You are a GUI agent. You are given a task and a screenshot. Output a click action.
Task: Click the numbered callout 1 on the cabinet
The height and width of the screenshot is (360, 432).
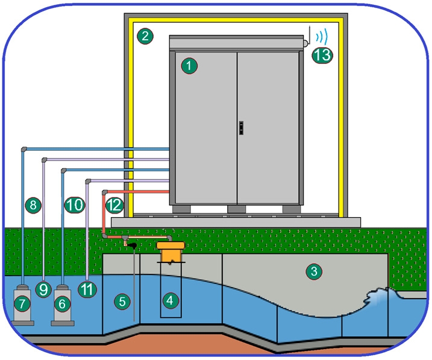pyautogui.click(x=189, y=66)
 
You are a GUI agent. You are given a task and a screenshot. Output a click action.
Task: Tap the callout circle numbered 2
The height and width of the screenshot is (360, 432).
pyautogui.click(x=145, y=36)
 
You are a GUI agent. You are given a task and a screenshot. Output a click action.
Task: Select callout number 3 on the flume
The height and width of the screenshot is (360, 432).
pyautogui.click(x=314, y=271)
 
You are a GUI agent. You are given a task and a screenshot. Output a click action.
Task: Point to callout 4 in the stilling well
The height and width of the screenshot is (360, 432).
pyautogui.click(x=171, y=300)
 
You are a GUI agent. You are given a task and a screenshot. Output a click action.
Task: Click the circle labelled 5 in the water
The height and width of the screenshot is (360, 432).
pyautogui.click(x=122, y=302)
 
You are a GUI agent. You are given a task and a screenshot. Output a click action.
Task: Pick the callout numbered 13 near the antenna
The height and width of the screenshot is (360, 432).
pyautogui.click(x=322, y=55)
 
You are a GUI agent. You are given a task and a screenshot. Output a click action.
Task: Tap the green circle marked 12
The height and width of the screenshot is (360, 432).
pyautogui.click(x=114, y=205)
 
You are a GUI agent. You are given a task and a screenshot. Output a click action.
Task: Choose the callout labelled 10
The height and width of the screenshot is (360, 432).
pyautogui.click(x=75, y=205)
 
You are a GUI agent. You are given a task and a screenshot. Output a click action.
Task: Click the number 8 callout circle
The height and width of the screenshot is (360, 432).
pyautogui.click(x=33, y=205)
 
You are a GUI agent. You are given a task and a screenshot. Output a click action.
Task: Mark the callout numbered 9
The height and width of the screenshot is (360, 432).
pyautogui.click(x=43, y=289)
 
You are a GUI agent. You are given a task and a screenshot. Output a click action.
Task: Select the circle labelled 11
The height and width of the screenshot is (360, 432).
pyautogui.click(x=87, y=289)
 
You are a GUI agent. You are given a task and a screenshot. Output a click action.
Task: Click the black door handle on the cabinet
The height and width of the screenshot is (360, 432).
pyautogui.click(x=242, y=128)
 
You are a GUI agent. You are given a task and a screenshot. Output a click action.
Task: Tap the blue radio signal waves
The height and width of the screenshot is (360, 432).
pyautogui.click(x=322, y=36)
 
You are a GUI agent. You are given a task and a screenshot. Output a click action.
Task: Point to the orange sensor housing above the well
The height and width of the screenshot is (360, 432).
pyautogui.click(x=171, y=251)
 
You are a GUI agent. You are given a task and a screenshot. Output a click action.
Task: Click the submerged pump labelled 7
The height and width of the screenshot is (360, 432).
pyautogui.click(x=22, y=305)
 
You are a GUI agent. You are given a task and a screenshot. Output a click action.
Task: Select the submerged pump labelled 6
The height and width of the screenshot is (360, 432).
pyautogui.click(x=63, y=305)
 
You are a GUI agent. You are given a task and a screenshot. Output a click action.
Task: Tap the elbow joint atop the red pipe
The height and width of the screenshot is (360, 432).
pyautogui.click(x=105, y=192)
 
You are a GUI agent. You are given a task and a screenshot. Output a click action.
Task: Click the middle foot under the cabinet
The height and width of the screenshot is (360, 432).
pyautogui.click(x=236, y=209)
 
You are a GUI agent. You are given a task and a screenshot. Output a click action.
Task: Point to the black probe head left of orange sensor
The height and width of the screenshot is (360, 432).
pyautogui.click(x=133, y=245)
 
